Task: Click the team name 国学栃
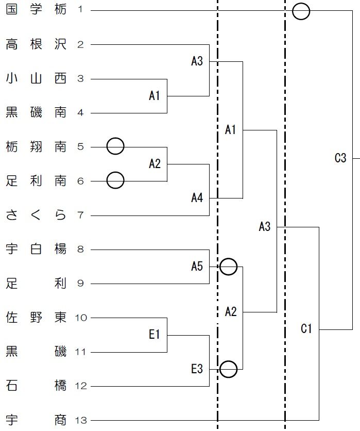click(36, 10)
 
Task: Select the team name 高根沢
click(36, 44)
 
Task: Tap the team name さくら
click(36, 215)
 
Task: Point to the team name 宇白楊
click(36, 250)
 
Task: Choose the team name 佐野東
click(36, 318)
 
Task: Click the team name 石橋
click(36, 386)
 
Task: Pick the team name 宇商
click(36, 421)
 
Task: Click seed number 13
click(81, 421)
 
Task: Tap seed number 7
click(80, 215)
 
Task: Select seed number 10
click(81, 318)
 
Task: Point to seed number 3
click(80, 79)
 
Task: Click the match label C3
click(340, 158)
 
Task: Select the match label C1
click(306, 329)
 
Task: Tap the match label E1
click(155, 335)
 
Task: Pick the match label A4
click(197, 197)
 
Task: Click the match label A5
click(197, 267)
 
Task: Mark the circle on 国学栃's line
click(301, 11)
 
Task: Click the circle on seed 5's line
click(115, 146)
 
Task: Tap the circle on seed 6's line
click(115, 180)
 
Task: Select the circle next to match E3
click(229, 369)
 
